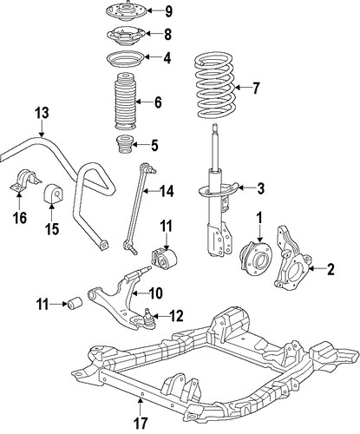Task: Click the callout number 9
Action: tap(168, 11)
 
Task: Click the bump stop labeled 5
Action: tap(124, 146)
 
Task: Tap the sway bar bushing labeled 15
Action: tap(53, 194)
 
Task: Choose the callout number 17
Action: tap(140, 423)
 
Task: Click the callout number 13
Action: tap(42, 113)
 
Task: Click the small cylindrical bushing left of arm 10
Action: tap(75, 302)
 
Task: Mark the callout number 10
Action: tap(155, 293)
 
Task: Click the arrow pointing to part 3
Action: tap(245, 188)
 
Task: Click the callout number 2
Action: tap(331, 269)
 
